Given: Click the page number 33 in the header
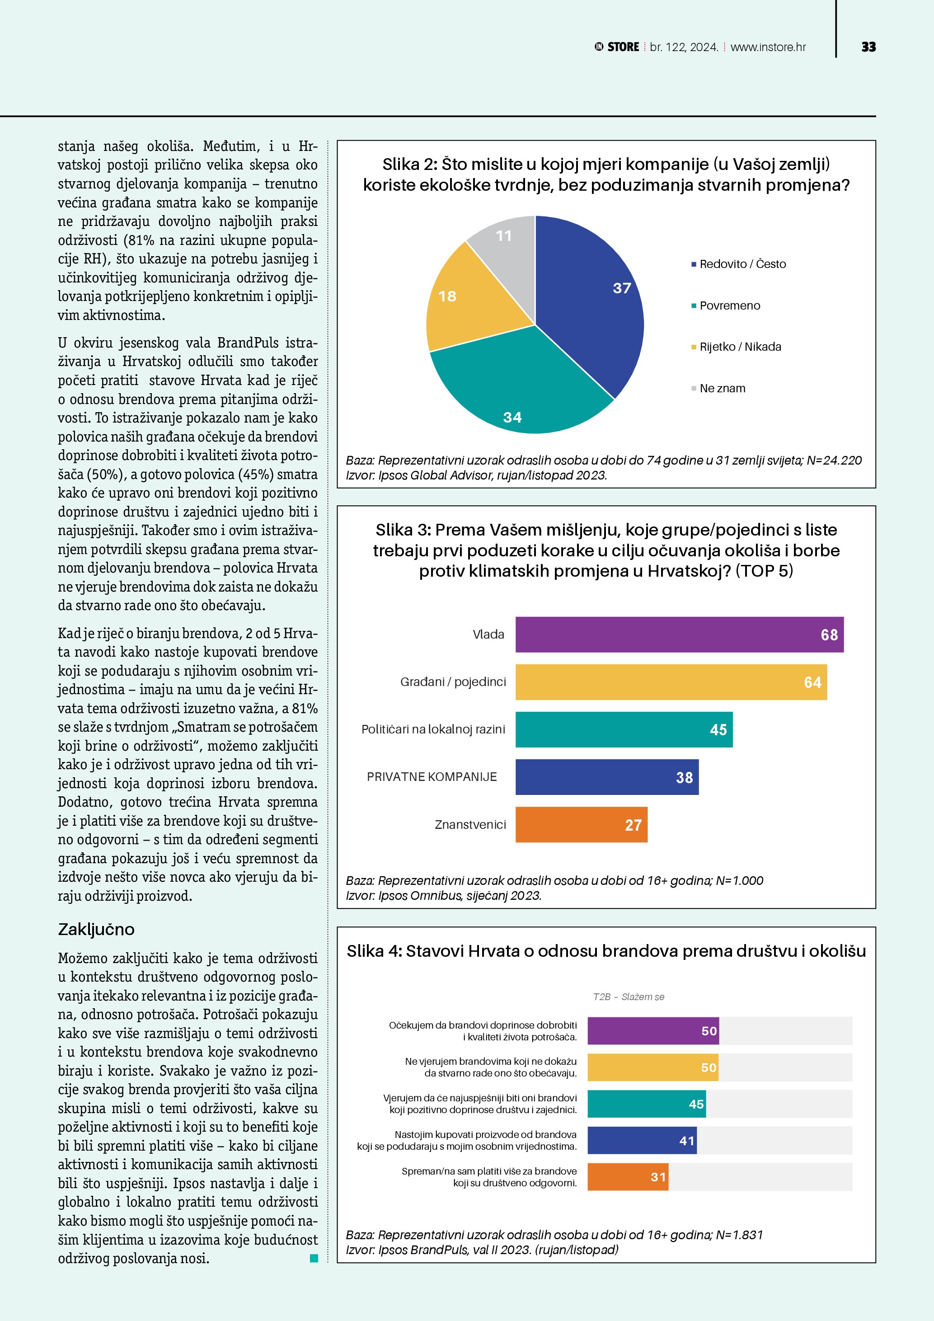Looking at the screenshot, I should click(x=868, y=47).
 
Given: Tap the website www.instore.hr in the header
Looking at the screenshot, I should click(x=768, y=47).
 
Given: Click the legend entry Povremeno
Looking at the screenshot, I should click(x=729, y=306).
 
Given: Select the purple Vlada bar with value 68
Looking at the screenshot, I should click(x=679, y=635).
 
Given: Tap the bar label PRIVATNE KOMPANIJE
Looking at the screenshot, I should click(x=432, y=777).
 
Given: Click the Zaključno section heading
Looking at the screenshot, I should click(x=96, y=929).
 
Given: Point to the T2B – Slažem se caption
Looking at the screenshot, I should click(x=628, y=997).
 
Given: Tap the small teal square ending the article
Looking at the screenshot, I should click(x=314, y=1258).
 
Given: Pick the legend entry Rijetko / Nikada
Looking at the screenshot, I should click(x=740, y=347).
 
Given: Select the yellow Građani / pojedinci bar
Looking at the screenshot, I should click(x=671, y=682).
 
